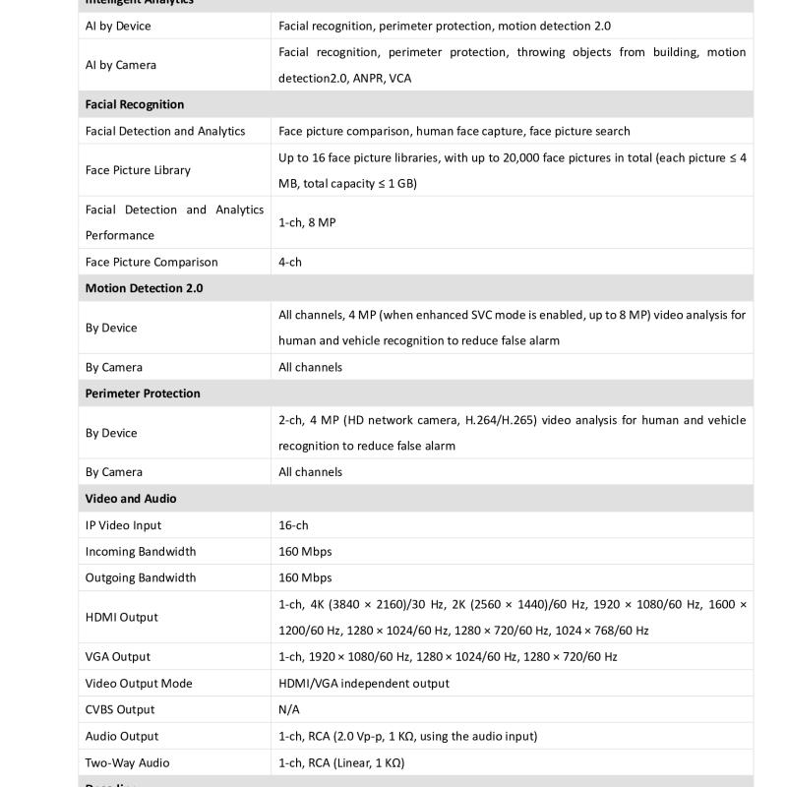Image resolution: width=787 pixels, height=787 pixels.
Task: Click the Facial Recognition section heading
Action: [135, 104]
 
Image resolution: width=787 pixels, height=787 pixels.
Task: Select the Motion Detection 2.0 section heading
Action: [144, 288]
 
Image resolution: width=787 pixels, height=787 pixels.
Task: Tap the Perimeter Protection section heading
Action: [143, 393]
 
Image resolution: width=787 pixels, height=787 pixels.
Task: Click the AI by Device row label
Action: [118, 26]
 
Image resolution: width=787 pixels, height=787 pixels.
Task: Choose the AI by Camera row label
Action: [120, 65]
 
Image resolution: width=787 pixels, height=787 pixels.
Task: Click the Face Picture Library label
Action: [138, 170]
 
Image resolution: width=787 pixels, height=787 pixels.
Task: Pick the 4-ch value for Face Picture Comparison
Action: [289, 262]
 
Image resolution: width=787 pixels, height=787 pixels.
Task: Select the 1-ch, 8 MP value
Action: [307, 222]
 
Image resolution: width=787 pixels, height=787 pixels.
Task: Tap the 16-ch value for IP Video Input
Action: [293, 525]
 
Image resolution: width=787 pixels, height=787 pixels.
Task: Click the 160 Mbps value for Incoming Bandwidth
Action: [305, 552]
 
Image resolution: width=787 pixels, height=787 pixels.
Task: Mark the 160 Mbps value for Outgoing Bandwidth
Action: [305, 577]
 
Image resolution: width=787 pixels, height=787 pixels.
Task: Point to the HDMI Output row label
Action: [121, 617]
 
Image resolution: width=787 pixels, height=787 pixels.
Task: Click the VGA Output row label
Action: [118, 656]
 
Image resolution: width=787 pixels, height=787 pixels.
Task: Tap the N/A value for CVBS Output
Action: [289, 709]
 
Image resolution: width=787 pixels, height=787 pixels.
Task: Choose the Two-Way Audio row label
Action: [127, 762]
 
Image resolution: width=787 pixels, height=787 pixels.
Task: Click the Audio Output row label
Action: [122, 736]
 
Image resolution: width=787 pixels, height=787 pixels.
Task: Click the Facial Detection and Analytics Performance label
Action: [174, 222]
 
